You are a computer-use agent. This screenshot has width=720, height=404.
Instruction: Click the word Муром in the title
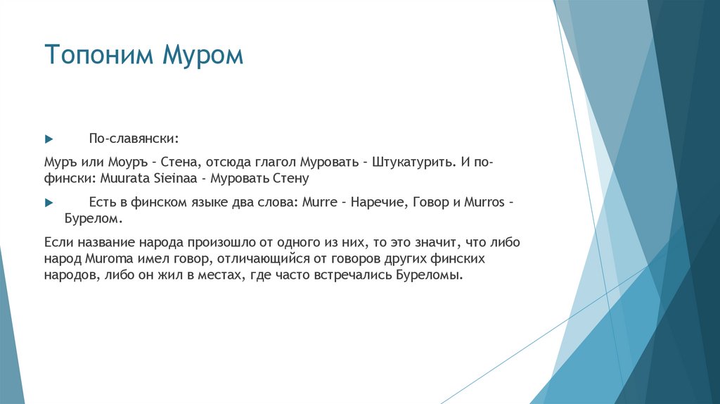(x=204, y=55)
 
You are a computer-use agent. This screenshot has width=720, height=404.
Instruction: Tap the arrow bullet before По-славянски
(x=49, y=135)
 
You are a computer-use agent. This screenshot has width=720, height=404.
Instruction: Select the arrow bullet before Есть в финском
(x=49, y=202)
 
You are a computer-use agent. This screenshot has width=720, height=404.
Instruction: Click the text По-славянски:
(x=128, y=135)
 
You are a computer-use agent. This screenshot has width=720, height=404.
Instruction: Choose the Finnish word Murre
(x=318, y=202)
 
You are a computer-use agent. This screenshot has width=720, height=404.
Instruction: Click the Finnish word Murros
(x=485, y=202)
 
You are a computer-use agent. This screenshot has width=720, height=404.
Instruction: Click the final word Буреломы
(x=431, y=275)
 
